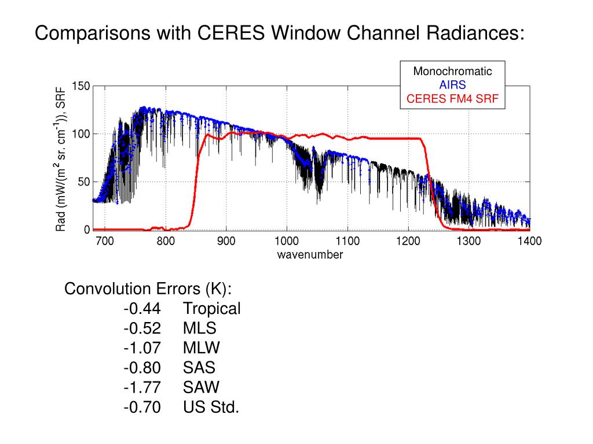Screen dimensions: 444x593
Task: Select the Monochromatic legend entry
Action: click(452, 72)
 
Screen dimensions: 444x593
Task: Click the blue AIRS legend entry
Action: click(452, 85)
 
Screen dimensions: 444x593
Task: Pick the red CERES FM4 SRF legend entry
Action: click(452, 98)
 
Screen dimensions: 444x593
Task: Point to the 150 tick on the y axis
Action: click(80, 87)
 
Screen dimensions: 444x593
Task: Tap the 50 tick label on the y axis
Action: click(83, 182)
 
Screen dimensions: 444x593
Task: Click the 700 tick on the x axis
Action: click(104, 241)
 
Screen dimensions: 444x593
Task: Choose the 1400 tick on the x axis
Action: click(529, 241)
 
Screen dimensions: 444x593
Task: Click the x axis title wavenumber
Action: click(310, 254)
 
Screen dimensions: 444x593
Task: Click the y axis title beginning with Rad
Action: click(61, 158)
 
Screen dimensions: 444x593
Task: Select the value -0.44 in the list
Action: click(142, 309)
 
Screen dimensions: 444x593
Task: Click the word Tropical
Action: click(211, 309)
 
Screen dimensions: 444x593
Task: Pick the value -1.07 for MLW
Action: click(142, 348)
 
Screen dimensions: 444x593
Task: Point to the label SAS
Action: click(199, 368)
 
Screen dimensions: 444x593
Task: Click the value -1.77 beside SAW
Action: click(142, 387)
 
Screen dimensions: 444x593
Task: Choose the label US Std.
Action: click(211, 407)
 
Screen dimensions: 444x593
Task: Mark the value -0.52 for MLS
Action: click(142, 328)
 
